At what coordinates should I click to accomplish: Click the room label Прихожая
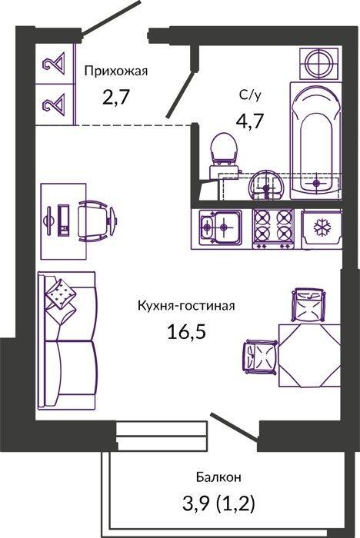point(116,71)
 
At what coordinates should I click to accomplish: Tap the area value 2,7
point(115,97)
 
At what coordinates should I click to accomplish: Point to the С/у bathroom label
point(250,95)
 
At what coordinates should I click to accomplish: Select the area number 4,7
point(249,121)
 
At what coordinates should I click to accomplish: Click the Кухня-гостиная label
point(186,305)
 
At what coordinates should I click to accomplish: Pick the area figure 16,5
point(186,331)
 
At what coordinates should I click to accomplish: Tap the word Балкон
point(218,477)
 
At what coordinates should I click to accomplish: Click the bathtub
point(315,141)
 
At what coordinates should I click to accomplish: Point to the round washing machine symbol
point(318,64)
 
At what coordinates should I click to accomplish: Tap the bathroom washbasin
point(265,185)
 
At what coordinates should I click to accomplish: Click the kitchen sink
point(221,227)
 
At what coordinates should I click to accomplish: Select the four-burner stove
point(273,228)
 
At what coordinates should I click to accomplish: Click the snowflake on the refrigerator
point(322,227)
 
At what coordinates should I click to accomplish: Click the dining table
point(310,355)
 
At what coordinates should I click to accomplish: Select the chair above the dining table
point(308,304)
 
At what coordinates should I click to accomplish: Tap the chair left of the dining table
point(261,357)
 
